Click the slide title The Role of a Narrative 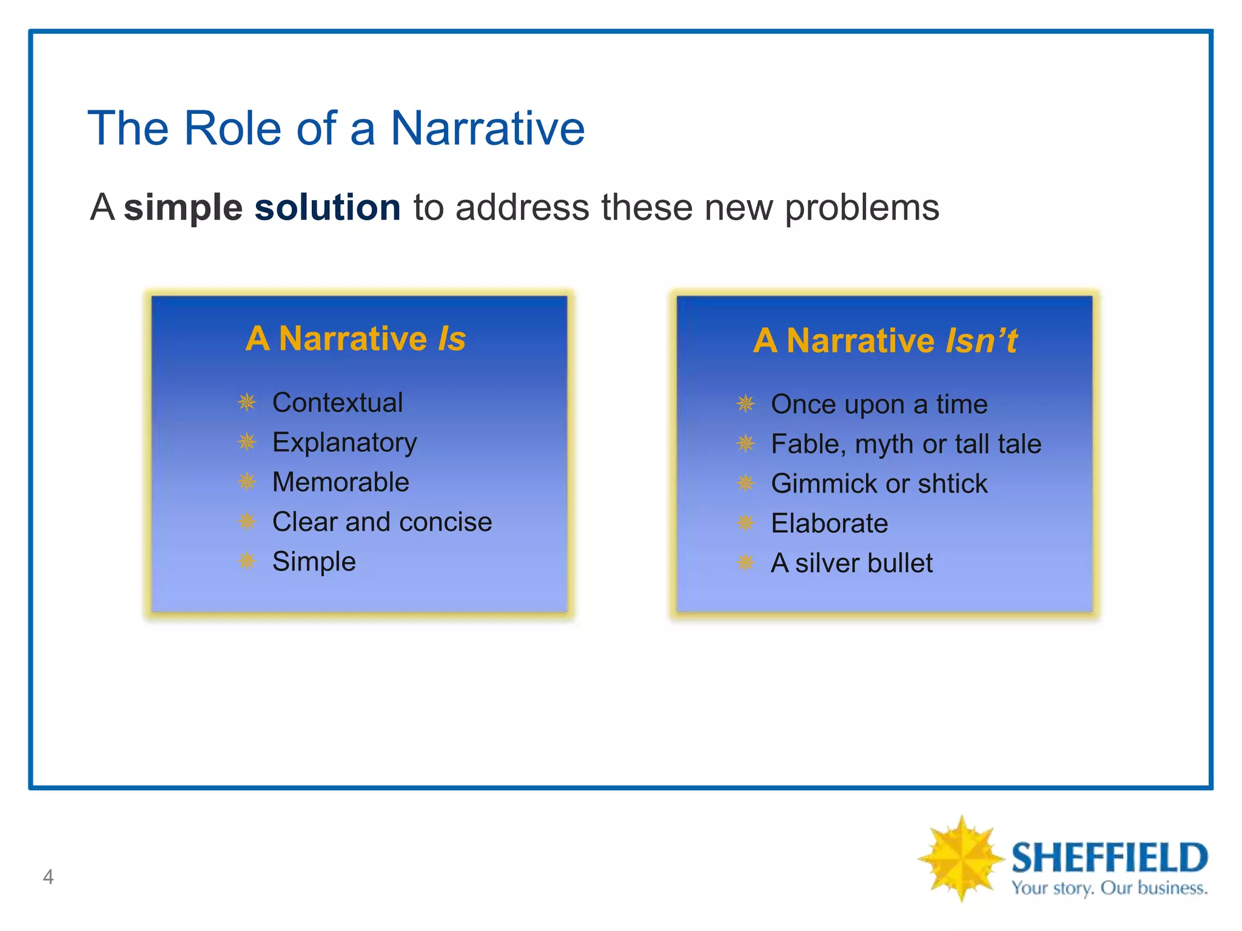(x=336, y=128)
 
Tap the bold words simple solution (x=262, y=207)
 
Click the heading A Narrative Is (x=355, y=338)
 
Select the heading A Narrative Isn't (x=885, y=340)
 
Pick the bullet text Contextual (x=337, y=403)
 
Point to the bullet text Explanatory (x=344, y=442)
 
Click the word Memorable (x=340, y=482)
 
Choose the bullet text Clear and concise (x=382, y=522)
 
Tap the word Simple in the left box (x=314, y=562)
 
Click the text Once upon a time (x=879, y=404)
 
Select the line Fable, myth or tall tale (x=906, y=444)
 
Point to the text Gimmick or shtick (x=879, y=484)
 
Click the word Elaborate (x=829, y=524)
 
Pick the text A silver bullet (x=851, y=563)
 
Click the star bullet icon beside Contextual (x=247, y=402)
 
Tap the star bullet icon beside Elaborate (x=745, y=522)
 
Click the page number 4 (x=49, y=876)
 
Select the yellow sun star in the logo (x=960, y=858)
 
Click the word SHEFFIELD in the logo (x=1109, y=858)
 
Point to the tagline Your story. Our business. (x=1109, y=889)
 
